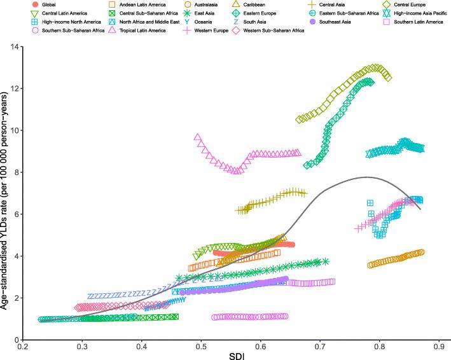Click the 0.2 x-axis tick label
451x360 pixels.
(23, 349)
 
